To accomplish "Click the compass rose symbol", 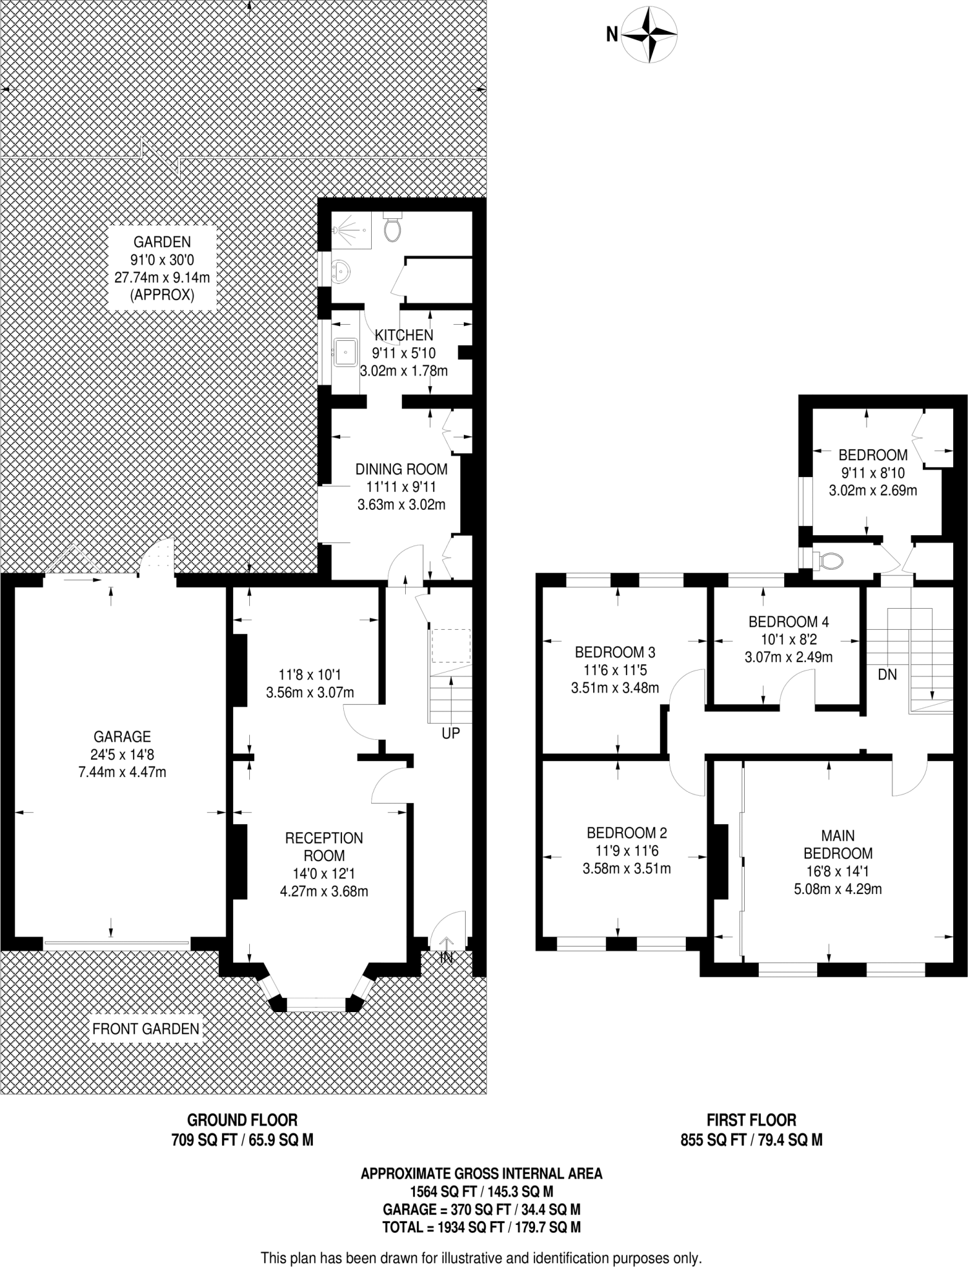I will coord(649,34).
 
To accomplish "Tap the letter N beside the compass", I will coord(611,35).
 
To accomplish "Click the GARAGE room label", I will coord(122,736).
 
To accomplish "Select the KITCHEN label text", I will coord(405,335).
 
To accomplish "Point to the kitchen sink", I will coord(345,351).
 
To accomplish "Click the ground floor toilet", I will coord(392,228).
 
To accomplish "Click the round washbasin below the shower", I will coord(341,271).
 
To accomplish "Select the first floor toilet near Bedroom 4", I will coord(829,561).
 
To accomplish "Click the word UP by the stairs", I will coord(450,733).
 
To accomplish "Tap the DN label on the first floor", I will coord(887,674).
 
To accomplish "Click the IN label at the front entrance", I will coord(446,958).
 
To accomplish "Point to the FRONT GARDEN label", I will coord(146,1029).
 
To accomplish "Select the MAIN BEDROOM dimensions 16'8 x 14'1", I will coord(837,872).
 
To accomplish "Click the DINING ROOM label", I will coord(401,469).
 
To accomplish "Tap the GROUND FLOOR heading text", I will coord(242,1120).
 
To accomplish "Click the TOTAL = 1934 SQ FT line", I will coord(481,1227).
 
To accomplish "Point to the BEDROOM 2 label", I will coord(627,833).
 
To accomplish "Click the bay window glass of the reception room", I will coord(316,1006).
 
